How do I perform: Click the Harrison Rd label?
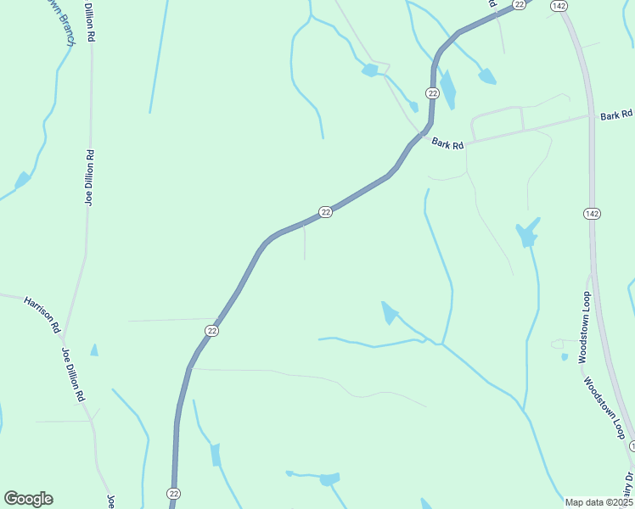[42, 314]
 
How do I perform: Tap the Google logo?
[28, 499]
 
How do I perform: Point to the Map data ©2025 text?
[598, 502]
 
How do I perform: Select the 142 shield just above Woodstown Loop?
[591, 213]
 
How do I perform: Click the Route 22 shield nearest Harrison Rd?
[212, 330]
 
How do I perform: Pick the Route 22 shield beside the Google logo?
[174, 493]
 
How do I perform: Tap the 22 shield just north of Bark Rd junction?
[432, 92]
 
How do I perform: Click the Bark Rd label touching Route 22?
[447, 144]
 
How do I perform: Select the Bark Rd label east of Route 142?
[617, 115]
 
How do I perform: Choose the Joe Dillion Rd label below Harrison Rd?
[73, 374]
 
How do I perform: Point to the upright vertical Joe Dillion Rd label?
[88, 178]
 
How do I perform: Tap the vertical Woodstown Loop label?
[584, 327]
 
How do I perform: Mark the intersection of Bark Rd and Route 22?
[419, 134]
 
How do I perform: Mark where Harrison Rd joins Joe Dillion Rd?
[64, 338]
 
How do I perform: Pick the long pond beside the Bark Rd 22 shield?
[447, 88]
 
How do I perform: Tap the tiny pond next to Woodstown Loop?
[565, 357]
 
